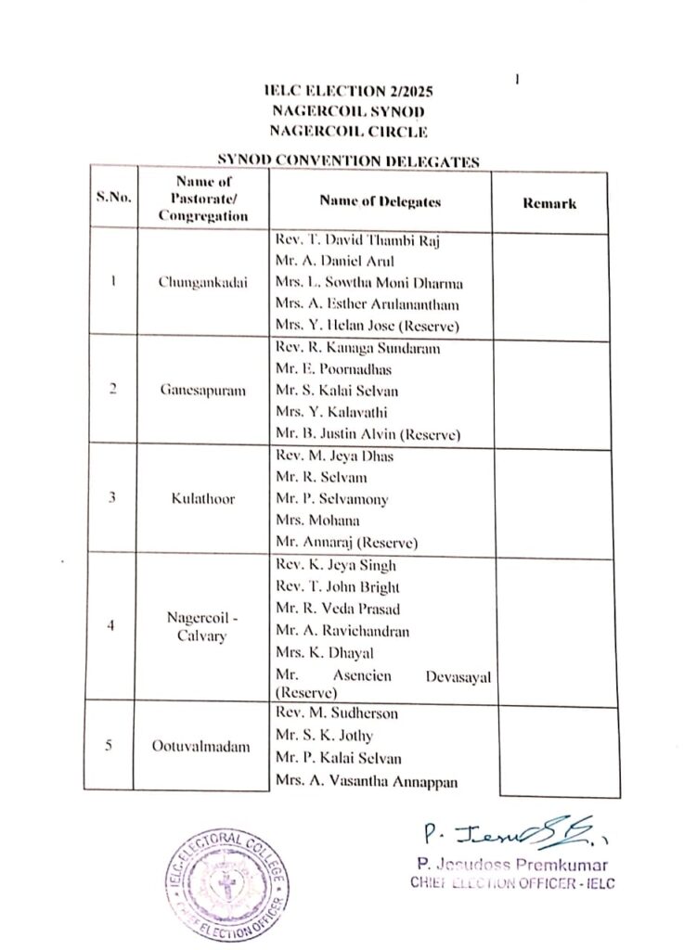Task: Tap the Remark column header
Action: (548, 203)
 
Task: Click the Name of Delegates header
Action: (380, 200)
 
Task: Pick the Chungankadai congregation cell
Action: (203, 283)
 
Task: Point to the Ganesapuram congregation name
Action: (202, 391)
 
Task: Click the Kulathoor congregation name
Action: (203, 498)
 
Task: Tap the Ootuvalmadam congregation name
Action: (203, 746)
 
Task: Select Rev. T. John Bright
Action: (338, 586)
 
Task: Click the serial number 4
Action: (111, 625)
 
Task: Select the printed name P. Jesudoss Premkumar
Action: (511, 866)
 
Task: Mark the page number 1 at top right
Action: (516, 80)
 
